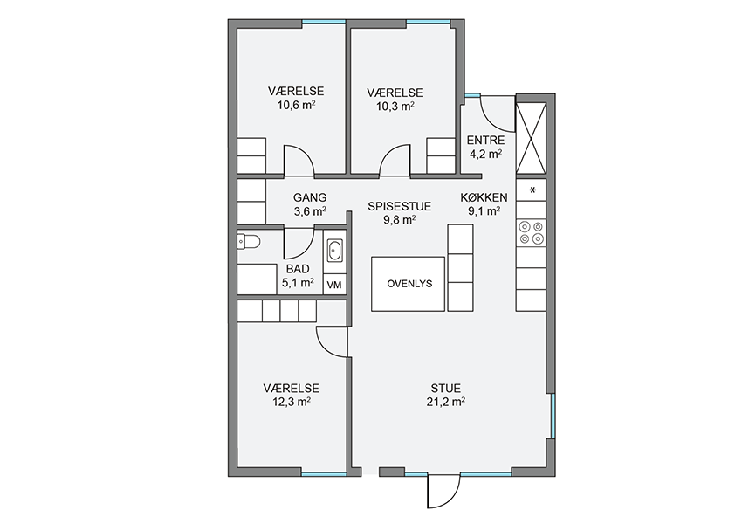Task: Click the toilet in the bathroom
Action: point(249,241)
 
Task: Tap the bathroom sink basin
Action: point(335,251)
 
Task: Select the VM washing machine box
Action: point(334,285)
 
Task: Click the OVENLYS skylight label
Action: point(409,284)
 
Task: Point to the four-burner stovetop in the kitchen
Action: point(531,233)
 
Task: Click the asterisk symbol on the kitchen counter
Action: point(532,190)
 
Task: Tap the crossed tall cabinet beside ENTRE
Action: point(531,138)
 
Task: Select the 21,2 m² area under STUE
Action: point(445,403)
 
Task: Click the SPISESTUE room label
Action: point(400,206)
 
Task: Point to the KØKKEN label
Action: point(484,198)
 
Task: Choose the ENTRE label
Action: point(485,141)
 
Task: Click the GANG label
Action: point(310,198)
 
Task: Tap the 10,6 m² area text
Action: point(296,105)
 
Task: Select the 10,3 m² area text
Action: point(395,106)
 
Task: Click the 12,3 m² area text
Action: point(291,403)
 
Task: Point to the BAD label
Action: point(298,269)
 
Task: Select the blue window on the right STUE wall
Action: point(553,416)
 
